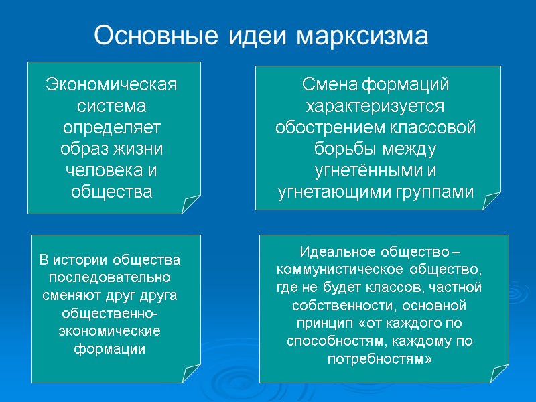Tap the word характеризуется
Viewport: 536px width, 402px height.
click(375, 107)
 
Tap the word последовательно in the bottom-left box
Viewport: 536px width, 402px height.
click(111, 277)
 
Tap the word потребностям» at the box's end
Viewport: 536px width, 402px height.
click(379, 360)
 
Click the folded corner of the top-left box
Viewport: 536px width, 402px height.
click(190, 204)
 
